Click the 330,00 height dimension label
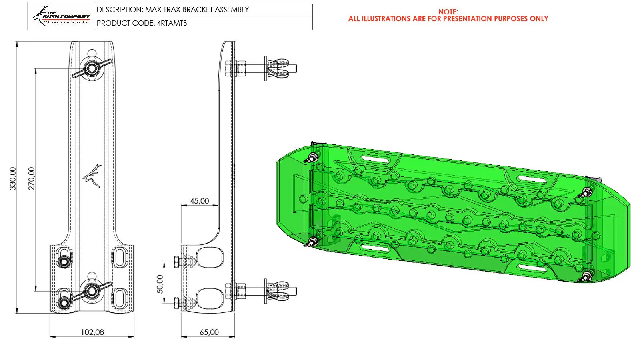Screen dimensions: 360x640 coord(13,178)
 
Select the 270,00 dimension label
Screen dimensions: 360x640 coord(32,178)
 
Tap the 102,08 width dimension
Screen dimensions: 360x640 coord(92,332)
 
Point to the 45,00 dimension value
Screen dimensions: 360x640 coord(199,201)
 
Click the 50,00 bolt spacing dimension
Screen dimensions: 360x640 coord(160,284)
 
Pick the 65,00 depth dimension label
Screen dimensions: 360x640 coord(209,332)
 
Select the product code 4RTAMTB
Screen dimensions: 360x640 coord(172,23)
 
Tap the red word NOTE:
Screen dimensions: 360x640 coord(448,12)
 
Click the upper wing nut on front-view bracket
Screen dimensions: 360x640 coord(92,68)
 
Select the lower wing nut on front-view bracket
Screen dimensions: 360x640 coord(92,291)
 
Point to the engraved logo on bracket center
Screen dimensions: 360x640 coord(92,176)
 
